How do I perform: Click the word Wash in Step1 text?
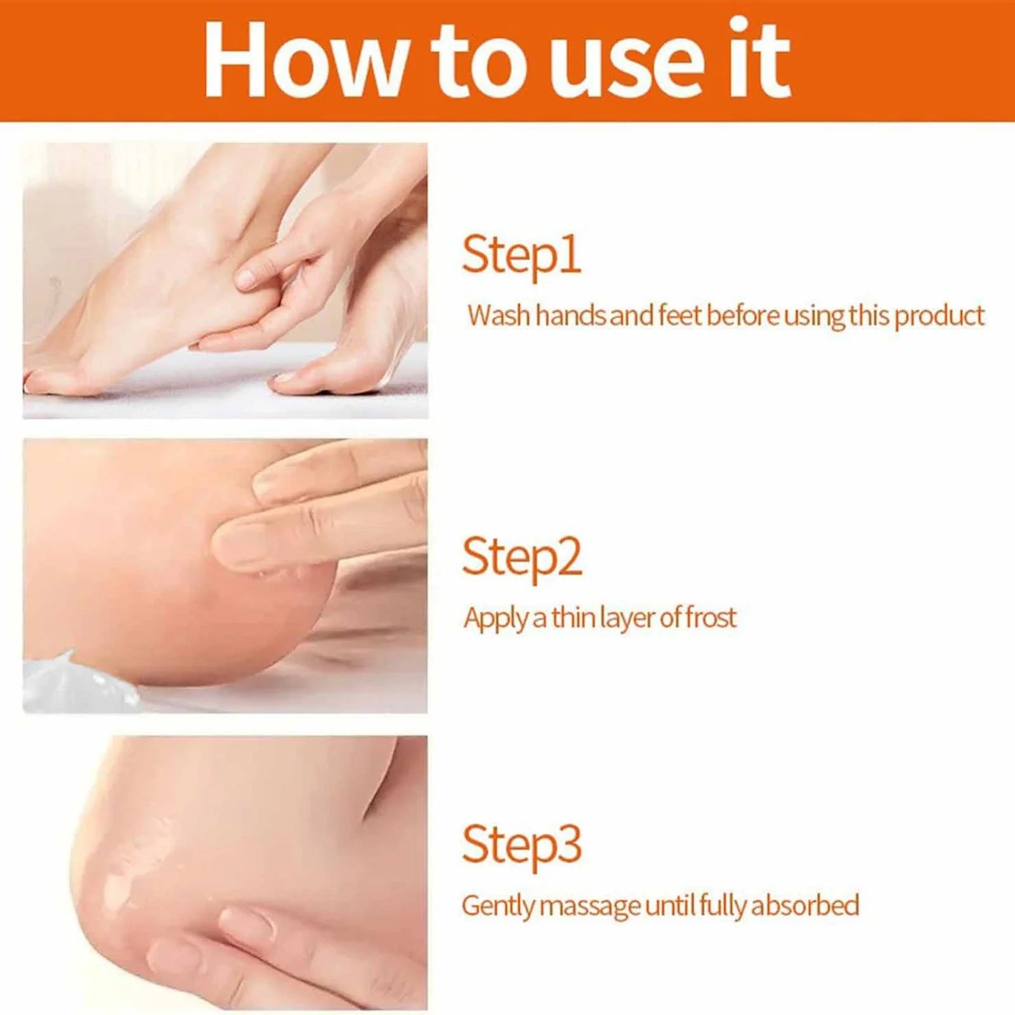tap(498, 315)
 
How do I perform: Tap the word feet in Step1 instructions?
tap(679, 315)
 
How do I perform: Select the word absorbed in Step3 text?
tap(805, 905)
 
